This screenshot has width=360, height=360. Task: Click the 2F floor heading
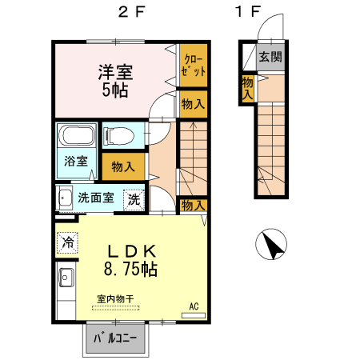click(130, 13)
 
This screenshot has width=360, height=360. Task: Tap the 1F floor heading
click(249, 13)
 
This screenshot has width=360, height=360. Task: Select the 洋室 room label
click(116, 70)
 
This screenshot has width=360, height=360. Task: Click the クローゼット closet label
click(193, 64)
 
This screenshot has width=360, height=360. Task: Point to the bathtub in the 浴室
click(78, 135)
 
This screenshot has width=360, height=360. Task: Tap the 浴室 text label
click(75, 161)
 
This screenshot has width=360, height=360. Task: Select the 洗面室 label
click(95, 198)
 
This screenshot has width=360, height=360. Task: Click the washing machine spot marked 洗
click(134, 198)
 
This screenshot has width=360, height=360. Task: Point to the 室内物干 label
click(116, 299)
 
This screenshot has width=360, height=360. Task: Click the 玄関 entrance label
click(272, 58)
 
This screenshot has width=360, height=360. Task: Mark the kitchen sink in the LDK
click(65, 279)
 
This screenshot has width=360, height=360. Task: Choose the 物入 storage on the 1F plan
click(248, 88)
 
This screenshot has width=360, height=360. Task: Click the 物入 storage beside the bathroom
click(122, 166)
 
